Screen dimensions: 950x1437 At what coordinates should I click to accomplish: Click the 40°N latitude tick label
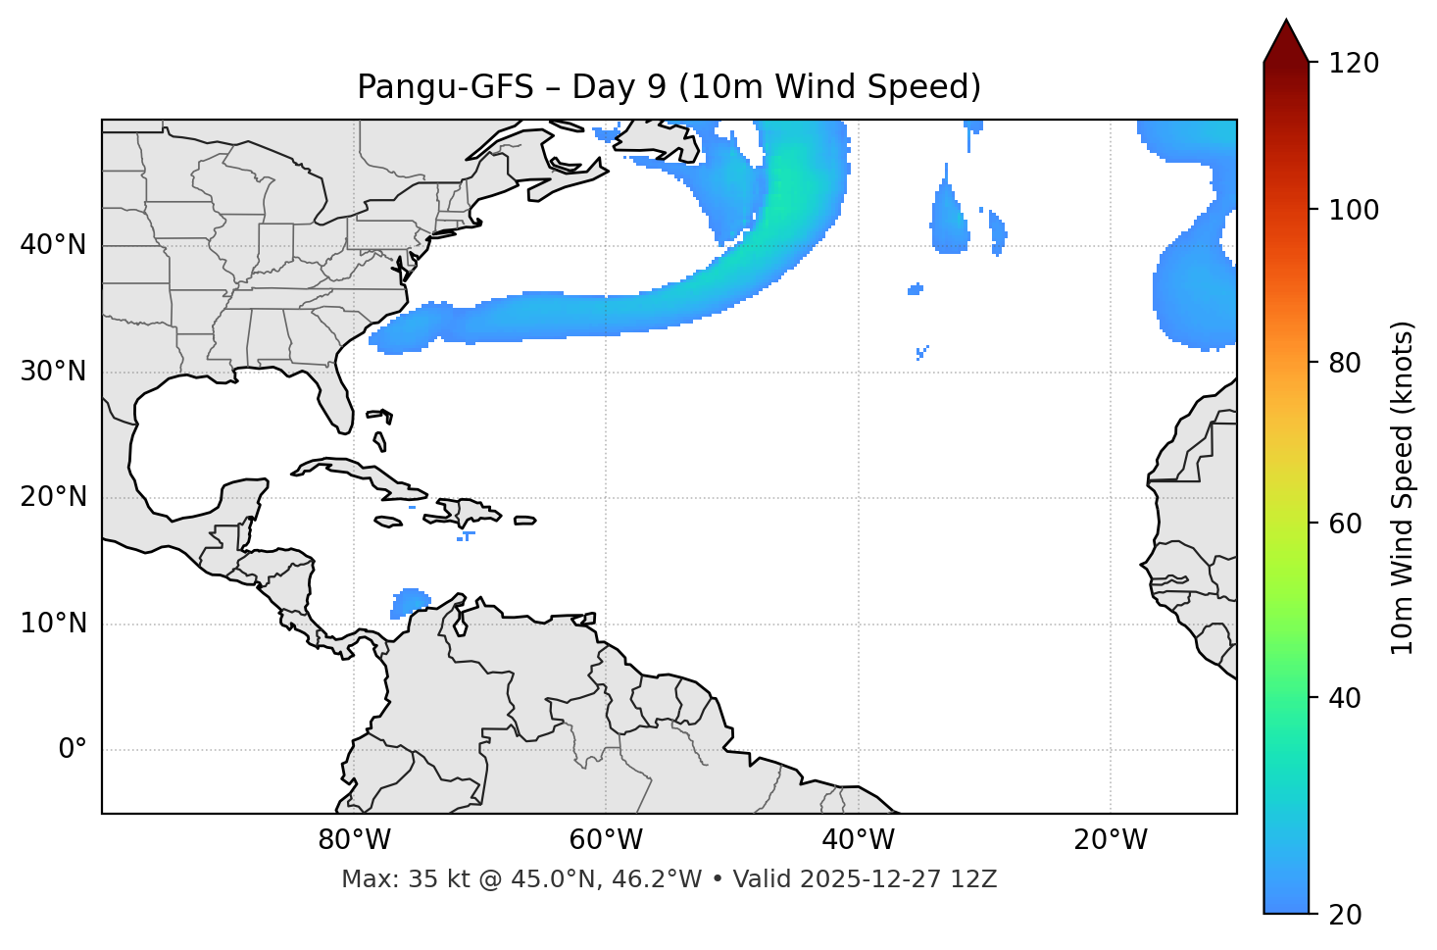pyautogui.click(x=53, y=245)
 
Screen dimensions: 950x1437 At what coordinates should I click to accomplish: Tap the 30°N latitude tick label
pyautogui.click(x=53, y=372)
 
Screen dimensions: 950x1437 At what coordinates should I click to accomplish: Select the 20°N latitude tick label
pyautogui.click(x=53, y=497)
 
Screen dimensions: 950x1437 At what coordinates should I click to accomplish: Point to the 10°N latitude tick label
pyautogui.click(x=53, y=624)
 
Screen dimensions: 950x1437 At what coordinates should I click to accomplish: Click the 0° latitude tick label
pyautogui.click(x=73, y=750)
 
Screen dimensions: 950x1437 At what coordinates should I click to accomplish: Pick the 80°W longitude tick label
pyautogui.click(x=354, y=840)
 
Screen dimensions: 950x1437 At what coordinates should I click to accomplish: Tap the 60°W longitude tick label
pyautogui.click(x=606, y=840)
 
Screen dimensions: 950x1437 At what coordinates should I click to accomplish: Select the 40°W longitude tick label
pyautogui.click(x=858, y=840)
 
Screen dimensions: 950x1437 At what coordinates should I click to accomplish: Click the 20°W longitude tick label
pyautogui.click(x=1111, y=840)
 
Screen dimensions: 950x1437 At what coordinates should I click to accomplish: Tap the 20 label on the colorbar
pyautogui.click(x=1344, y=915)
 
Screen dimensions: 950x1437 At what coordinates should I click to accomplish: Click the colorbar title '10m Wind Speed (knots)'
pyautogui.click(x=1403, y=487)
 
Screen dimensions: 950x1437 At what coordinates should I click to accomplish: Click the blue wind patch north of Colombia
pyautogui.click(x=410, y=601)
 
